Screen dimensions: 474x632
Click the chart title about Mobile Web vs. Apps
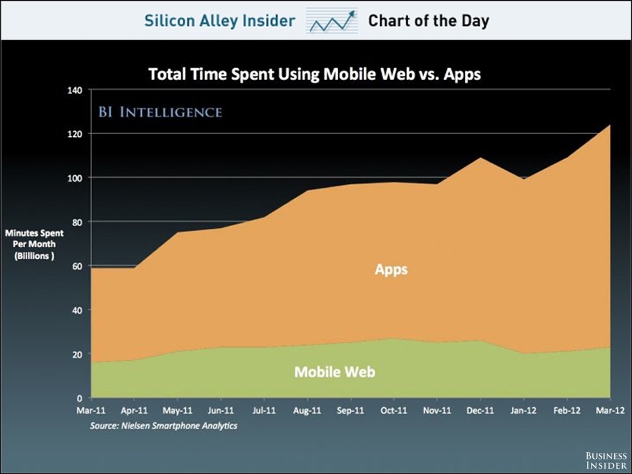(x=314, y=73)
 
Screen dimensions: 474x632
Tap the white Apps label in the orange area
(x=390, y=270)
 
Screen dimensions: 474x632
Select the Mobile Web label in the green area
(x=334, y=372)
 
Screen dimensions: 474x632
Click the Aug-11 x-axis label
(x=307, y=411)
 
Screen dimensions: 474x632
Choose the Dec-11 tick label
(x=480, y=411)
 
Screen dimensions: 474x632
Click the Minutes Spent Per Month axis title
(x=34, y=245)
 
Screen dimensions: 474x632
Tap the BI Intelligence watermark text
(x=160, y=112)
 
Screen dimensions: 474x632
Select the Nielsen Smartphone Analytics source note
(x=163, y=426)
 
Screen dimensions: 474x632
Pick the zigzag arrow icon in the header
(x=332, y=21)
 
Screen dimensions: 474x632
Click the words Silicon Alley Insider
(x=220, y=20)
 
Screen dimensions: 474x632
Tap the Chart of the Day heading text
(x=428, y=20)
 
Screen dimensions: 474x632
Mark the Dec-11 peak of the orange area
(x=480, y=158)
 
